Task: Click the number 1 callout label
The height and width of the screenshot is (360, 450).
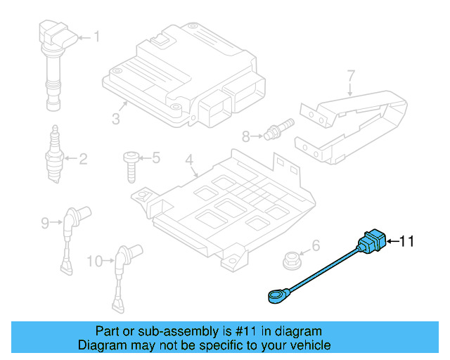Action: click(97, 37)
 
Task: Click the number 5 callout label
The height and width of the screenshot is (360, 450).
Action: click(155, 158)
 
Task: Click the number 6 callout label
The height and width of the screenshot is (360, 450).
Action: click(315, 245)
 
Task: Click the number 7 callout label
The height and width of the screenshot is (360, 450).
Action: click(351, 75)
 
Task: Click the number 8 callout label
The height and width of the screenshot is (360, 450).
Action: click(245, 136)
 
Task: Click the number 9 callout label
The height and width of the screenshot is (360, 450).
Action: click(46, 224)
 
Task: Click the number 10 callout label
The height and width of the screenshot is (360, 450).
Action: click(94, 262)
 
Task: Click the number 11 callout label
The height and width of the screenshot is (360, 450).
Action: click(408, 242)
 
